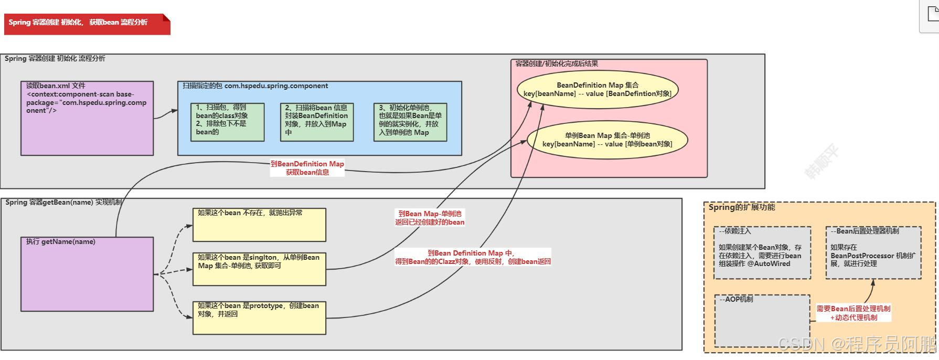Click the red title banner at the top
point(87,24)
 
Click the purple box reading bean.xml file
point(87,118)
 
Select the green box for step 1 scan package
point(227,122)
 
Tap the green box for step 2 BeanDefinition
point(316,122)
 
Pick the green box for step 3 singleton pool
point(410,122)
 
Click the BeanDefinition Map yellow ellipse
point(597,89)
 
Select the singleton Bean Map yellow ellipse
point(607,140)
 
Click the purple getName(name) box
point(87,274)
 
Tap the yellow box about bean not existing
point(259,225)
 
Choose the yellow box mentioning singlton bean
point(259,269)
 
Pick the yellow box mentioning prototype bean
point(259,317)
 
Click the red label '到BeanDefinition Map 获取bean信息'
point(307,168)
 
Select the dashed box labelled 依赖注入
point(762,252)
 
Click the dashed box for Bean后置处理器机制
point(873,252)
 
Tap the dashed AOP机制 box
point(762,321)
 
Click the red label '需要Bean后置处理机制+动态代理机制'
point(853,313)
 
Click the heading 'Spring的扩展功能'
point(742,207)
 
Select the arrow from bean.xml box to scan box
point(166,114)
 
